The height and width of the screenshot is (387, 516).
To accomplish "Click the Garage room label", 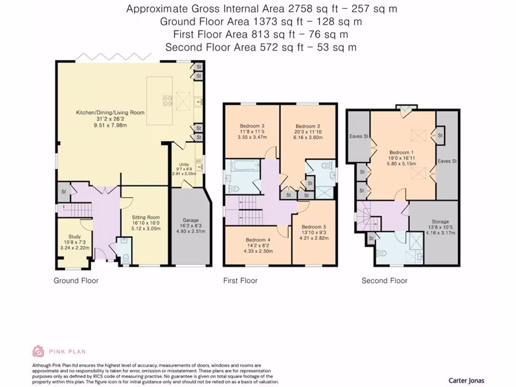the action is pos(190,220).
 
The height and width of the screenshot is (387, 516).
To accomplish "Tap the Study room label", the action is pos(75,237).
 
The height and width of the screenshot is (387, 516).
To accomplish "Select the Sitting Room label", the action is pos(146,217).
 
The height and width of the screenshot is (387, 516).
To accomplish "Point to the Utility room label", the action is pos(184,165).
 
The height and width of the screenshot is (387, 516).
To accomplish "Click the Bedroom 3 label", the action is pos(252,126).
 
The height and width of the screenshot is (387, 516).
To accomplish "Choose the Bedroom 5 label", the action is pos(314,227).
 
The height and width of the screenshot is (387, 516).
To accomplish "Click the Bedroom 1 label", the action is pos(402,152).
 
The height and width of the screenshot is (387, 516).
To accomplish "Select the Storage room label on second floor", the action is pos(440,222).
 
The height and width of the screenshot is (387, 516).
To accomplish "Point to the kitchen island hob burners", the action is pos(167,100).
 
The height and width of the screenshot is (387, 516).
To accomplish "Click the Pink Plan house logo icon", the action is pos(38,351).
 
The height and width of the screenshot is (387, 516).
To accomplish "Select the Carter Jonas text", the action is pos(466,380).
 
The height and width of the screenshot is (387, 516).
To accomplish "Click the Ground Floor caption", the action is pos(76,281).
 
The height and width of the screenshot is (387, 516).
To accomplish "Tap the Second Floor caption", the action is pos(384,281).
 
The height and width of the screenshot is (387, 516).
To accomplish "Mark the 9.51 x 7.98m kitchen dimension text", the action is pos(110,125).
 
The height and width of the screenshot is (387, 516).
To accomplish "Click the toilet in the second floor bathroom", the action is pos(381,254).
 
